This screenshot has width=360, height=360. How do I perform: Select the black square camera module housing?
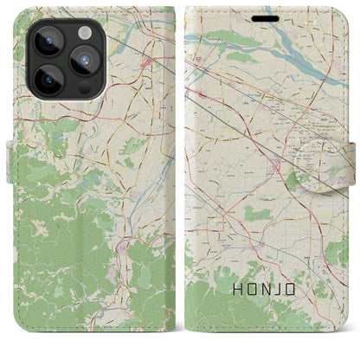point(61,61)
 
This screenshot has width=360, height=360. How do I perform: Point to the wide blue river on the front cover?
point(286,61)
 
